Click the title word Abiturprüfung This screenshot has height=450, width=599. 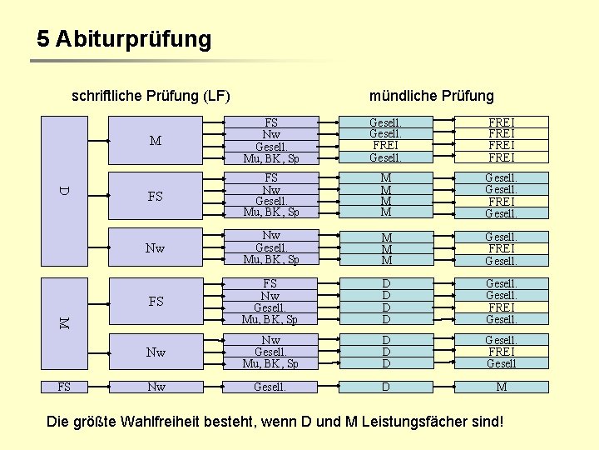point(133,39)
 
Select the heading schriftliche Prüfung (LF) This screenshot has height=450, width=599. point(151,96)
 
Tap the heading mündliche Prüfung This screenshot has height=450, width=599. point(431,96)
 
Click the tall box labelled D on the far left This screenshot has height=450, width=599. point(65,191)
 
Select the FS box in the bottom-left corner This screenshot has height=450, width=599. point(64,387)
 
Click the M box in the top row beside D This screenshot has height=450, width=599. point(156,140)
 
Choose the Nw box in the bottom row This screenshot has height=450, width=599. point(156,387)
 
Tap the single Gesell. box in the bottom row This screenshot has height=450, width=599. point(270,387)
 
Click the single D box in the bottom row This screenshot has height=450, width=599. point(385,387)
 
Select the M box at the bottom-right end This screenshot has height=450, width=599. point(501,387)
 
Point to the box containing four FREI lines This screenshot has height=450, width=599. point(501,140)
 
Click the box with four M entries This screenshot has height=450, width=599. point(385,195)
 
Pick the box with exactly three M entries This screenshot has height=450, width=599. point(385,248)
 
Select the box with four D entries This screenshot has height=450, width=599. point(385,301)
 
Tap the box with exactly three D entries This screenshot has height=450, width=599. point(385,352)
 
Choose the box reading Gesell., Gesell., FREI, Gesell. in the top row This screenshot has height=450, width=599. point(385,140)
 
